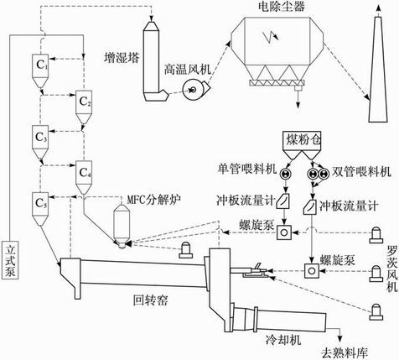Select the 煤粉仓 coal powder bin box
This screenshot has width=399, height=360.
tap(302, 139)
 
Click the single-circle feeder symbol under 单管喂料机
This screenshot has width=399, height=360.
tap(285, 173)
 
